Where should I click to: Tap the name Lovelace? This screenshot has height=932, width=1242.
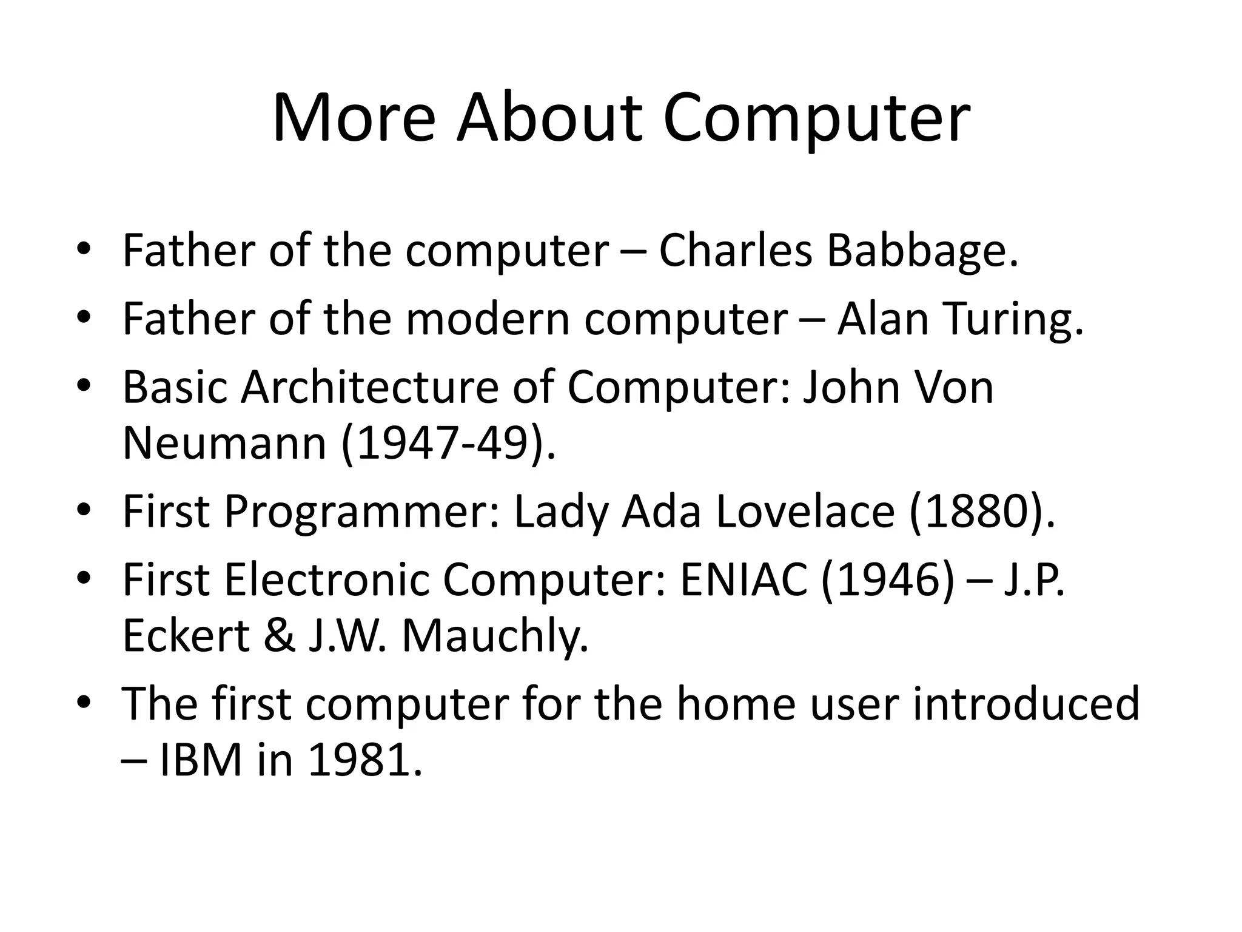point(805,512)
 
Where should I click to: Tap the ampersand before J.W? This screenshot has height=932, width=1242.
point(279,637)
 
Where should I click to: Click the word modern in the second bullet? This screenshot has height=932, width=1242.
point(488,320)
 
